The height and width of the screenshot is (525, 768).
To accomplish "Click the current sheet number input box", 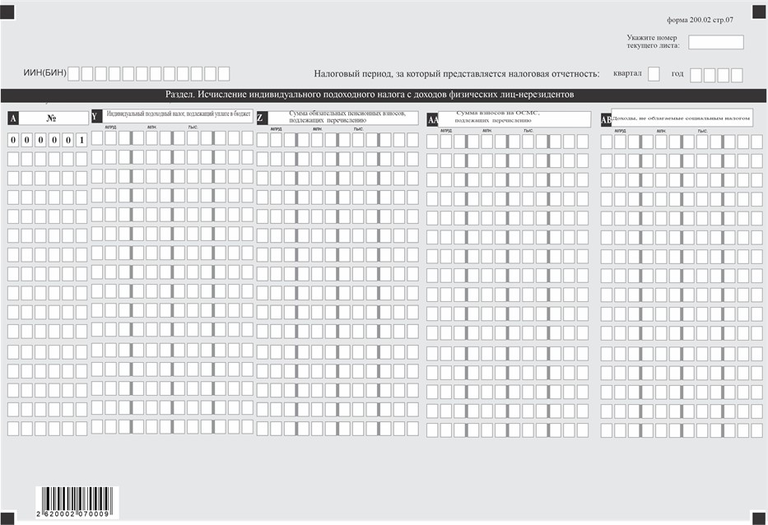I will coord(715,42).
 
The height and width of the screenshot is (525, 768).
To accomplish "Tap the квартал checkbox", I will coord(654,74).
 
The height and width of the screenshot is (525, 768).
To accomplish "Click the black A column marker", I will coord(13,118).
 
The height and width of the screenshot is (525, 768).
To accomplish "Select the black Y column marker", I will coord(95,117).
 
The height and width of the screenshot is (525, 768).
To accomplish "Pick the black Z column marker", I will coord(261,118).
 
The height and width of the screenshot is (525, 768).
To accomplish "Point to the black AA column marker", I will coord(433,120).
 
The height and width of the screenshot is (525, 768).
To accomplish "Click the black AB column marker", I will coord(606,119).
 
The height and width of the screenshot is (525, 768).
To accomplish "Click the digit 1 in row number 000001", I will coord(81,139).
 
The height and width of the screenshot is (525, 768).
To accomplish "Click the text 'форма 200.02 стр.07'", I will coord(705,18).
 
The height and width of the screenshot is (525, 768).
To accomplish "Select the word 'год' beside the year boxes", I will coord(677,74).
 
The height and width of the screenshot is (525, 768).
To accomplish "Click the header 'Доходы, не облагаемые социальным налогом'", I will coord(681,118).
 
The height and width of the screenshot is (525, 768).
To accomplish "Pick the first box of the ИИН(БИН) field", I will coord(74,74).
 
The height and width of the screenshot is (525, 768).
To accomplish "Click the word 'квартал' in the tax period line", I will coord(627,74).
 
